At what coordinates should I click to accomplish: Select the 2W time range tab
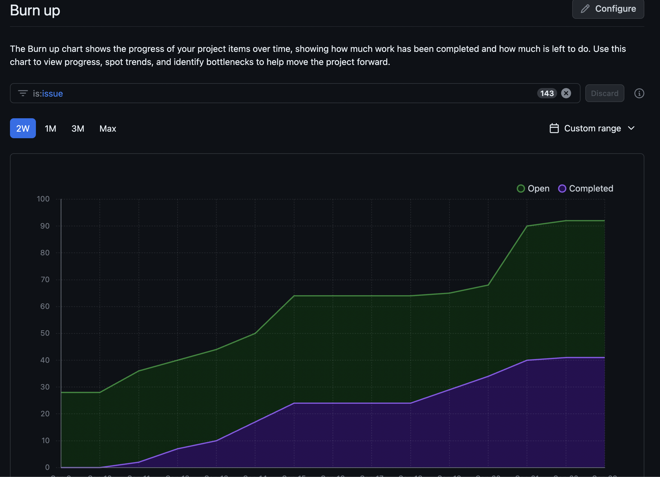[23, 128]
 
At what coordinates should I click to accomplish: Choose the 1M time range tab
[50, 128]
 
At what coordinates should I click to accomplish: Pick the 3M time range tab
[78, 128]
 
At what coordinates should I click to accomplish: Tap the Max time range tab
[108, 128]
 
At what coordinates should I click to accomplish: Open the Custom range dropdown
[592, 128]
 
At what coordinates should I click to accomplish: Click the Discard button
[604, 93]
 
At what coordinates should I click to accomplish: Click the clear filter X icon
[566, 93]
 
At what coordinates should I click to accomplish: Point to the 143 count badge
[547, 93]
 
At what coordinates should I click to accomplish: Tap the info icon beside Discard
[639, 93]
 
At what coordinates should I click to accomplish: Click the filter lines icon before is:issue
[23, 93]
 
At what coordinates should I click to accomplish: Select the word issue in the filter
[52, 93]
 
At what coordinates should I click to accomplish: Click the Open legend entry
[533, 189]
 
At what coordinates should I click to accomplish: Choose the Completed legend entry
[586, 189]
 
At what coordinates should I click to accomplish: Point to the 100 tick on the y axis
[43, 199]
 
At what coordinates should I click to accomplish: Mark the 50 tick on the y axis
[45, 333]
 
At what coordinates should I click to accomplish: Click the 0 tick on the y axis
[47, 467]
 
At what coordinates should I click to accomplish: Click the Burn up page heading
[35, 11]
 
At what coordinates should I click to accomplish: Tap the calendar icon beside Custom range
[554, 128]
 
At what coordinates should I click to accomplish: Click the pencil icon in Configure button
[585, 9]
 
